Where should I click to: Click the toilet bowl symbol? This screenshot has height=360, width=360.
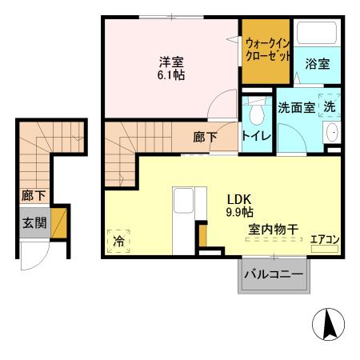point(257,109)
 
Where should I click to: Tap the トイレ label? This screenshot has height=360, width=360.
point(257,136)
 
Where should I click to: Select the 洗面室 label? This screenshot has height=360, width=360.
point(297,107)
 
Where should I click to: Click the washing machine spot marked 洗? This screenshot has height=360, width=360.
point(329,106)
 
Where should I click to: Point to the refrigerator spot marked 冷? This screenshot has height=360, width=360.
point(118,239)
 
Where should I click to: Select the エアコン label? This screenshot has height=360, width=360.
point(325,238)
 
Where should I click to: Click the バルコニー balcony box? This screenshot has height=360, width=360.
point(273,274)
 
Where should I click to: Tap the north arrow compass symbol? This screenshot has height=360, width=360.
point(329,325)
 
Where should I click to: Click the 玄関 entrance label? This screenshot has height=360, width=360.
point(33,221)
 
